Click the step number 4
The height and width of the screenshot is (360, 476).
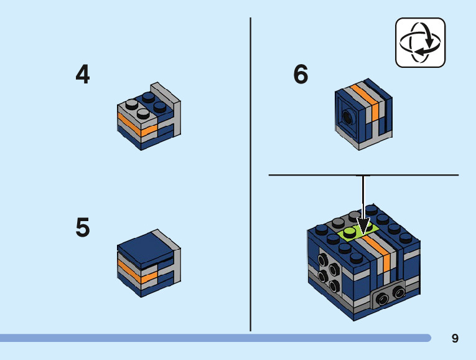[x=82, y=75]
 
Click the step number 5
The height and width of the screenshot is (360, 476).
[x=82, y=227]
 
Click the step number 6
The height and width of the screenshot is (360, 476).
[x=301, y=75]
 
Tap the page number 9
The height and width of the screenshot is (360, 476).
[x=455, y=338]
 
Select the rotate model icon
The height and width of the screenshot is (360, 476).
[x=420, y=42]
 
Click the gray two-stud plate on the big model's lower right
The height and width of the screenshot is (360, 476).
[x=387, y=297]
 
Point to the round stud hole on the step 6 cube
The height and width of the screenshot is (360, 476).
[x=347, y=116]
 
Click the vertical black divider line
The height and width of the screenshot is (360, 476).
[x=251, y=174]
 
